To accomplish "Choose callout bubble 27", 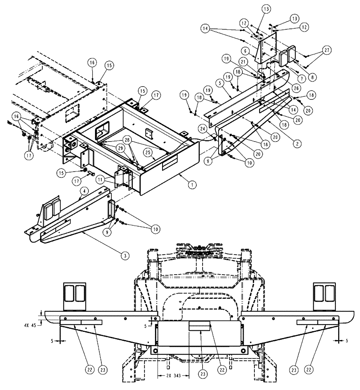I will pyautogui.click(x=326, y=50).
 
